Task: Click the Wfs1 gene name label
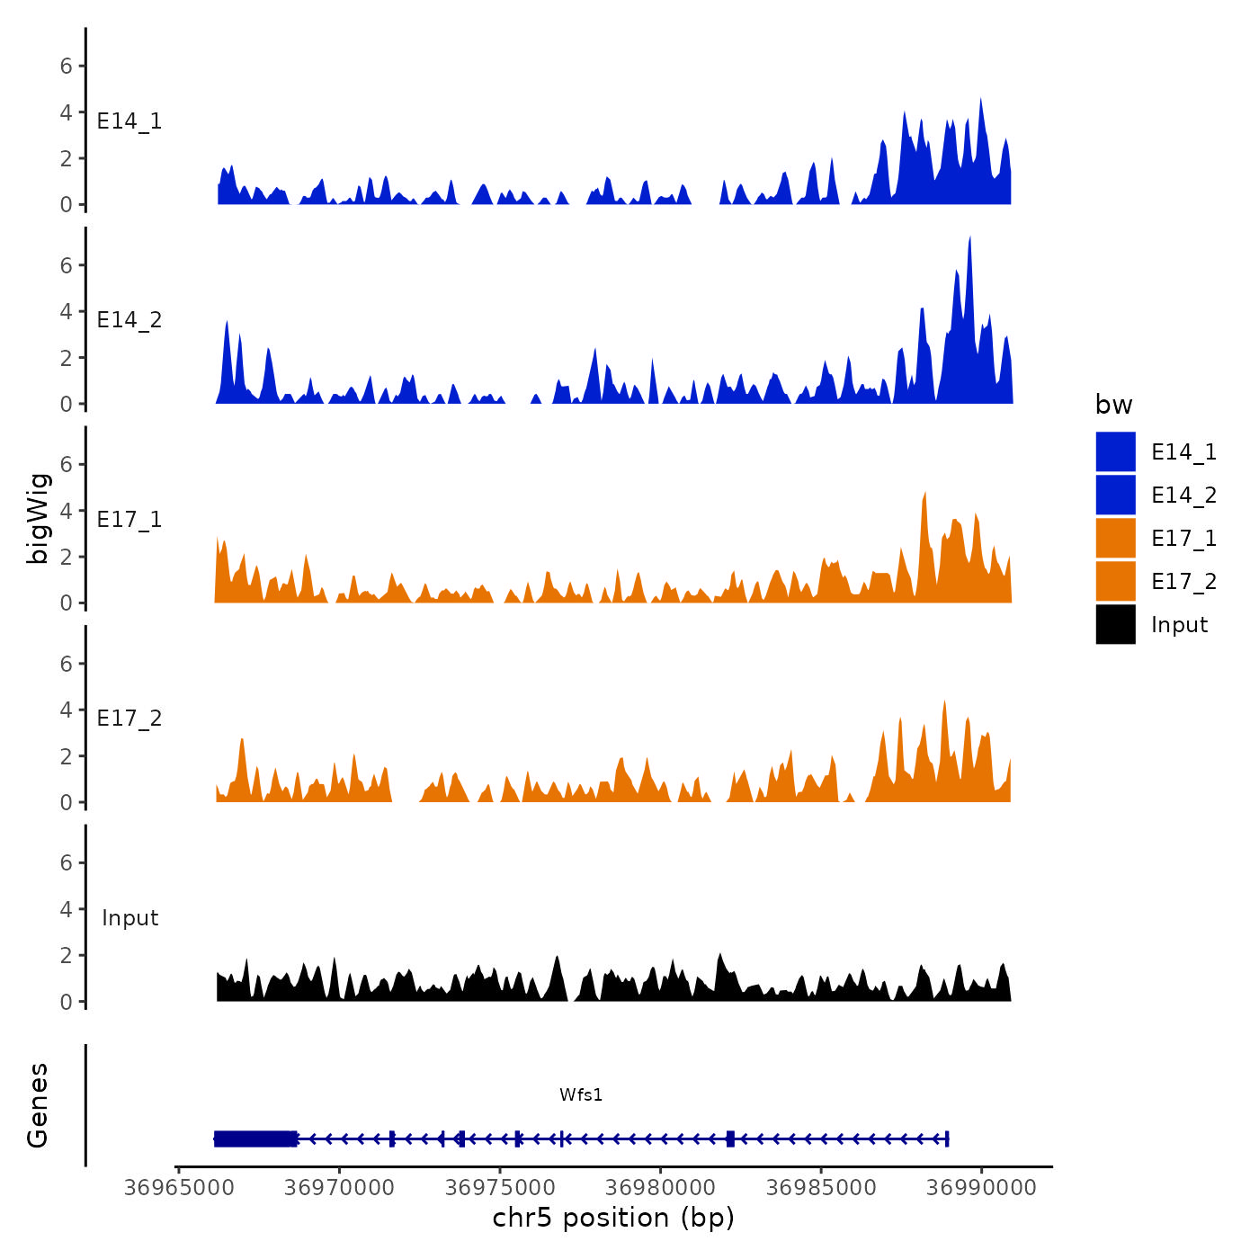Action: point(581,1094)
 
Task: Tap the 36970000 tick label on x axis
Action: point(340,1188)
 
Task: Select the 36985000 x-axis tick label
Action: point(821,1188)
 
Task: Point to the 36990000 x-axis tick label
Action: point(981,1188)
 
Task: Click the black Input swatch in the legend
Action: point(1115,624)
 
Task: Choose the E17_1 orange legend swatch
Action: point(1115,538)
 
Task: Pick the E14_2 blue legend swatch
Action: point(1115,495)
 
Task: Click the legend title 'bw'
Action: point(1113,405)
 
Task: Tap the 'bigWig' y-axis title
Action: point(38,518)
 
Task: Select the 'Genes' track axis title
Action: point(38,1105)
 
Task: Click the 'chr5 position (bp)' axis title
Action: point(613,1218)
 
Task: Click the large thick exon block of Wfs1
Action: point(255,1138)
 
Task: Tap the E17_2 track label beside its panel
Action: point(129,719)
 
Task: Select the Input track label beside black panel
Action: point(129,918)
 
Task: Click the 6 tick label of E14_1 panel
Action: point(66,66)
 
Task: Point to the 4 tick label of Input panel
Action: point(66,909)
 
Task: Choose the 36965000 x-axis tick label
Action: point(179,1188)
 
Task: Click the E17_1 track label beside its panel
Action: point(129,520)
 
